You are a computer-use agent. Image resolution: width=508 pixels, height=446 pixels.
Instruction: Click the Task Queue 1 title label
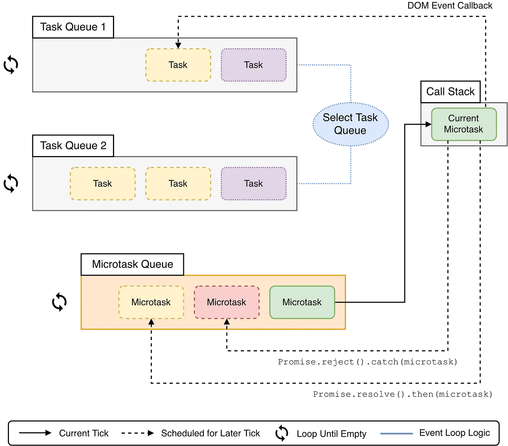(x=73, y=27)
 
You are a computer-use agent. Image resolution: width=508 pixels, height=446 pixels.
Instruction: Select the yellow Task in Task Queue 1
(x=178, y=65)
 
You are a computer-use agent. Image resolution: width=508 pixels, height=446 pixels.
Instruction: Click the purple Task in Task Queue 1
(x=254, y=65)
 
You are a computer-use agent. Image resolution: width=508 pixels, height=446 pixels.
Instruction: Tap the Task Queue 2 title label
(x=73, y=146)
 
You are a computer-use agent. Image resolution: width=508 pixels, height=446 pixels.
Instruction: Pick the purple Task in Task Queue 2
(x=254, y=183)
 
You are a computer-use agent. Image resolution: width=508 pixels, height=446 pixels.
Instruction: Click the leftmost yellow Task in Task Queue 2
(x=102, y=183)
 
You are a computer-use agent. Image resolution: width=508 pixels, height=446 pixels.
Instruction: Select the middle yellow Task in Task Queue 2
(x=178, y=183)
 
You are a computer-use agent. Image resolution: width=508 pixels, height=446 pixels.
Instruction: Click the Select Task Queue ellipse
(x=350, y=124)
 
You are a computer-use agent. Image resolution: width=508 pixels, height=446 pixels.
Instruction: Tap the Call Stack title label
(x=450, y=92)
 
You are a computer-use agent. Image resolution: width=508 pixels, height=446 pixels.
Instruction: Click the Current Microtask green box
(x=463, y=124)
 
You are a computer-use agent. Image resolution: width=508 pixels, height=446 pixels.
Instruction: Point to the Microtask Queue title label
(x=132, y=264)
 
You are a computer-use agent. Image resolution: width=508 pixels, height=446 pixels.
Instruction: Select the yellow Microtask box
(x=151, y=302)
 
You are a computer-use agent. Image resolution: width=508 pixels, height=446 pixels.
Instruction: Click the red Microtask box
(x=227, y=302)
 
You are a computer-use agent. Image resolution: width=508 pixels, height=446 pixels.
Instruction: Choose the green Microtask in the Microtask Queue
(x=302, y=302)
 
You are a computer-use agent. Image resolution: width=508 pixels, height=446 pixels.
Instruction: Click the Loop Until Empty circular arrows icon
(x=282, y=433)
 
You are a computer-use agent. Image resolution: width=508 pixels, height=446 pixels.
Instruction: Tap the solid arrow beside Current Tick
(x=35, y=433)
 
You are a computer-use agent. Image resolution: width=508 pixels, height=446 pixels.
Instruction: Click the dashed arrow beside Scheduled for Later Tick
(x=138, y=433)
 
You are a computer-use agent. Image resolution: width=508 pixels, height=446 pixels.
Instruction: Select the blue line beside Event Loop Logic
(x=396, y=433)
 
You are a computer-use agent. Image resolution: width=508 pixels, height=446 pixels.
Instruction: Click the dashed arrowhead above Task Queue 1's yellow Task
(x=178, y=45)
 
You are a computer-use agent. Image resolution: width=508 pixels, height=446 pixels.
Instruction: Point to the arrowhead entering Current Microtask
(x=428, y=124)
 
